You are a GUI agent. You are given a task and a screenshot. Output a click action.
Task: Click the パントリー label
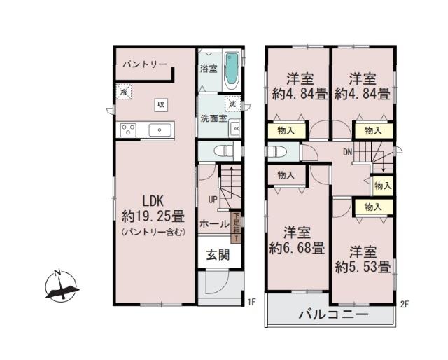[145, 64]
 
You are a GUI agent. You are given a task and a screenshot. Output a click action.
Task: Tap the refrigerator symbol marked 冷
[124, 91]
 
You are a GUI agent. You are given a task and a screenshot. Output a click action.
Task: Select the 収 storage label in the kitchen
[160, 104]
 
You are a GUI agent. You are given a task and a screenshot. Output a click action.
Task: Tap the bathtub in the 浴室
[232, 70]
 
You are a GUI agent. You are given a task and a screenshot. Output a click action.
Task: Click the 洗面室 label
[213, 118]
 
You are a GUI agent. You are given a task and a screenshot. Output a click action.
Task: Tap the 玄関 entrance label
[217, 255]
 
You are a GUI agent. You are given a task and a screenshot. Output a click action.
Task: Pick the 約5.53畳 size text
[362, 266]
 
